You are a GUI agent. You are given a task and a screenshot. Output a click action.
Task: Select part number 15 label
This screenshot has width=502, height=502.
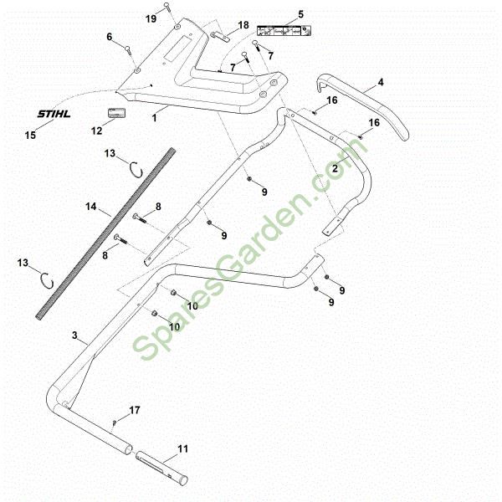click(x=31, y=135)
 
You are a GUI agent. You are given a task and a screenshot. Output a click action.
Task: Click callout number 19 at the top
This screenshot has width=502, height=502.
click(x=151, y=18)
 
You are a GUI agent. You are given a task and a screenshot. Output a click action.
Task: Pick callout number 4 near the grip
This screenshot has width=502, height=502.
click(x=381, y=82)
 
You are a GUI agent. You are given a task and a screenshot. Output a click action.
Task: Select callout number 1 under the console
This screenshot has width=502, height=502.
click(x=154, y=120)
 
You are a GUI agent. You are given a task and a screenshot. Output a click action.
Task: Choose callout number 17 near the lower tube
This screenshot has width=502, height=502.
click(x=135, y=411)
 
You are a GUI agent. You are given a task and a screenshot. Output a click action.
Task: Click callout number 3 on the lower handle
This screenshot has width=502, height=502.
click(x=74, y=336)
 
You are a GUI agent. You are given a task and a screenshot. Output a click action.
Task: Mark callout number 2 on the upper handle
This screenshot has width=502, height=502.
click(x=335, y=169)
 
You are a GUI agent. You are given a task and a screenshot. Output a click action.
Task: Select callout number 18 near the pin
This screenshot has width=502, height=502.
click(x=243, y=25)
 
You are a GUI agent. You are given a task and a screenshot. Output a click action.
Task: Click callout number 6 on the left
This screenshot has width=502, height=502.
click(x=109, y=37)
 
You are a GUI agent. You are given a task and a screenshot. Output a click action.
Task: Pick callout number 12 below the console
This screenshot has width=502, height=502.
click(x=95, y=130)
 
